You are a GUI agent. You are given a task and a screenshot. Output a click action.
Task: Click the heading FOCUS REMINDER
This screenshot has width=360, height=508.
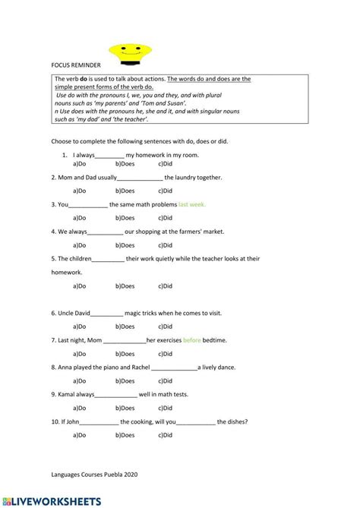[x=76, y=65]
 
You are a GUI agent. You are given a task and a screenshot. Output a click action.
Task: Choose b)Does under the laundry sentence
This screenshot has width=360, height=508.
[x=125, y=191]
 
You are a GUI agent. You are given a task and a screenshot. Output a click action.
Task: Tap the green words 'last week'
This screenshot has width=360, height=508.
[x=192, y=204]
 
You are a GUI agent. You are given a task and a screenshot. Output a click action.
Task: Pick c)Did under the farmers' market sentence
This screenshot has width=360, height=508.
[x=166, y=245]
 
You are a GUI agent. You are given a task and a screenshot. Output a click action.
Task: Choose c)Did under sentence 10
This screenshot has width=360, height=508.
[x=166, y=435]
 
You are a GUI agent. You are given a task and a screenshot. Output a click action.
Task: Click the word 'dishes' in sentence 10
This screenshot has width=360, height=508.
[x=230, y=421]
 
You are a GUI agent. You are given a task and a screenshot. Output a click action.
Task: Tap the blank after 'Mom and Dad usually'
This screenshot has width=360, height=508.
[x=141, y=178]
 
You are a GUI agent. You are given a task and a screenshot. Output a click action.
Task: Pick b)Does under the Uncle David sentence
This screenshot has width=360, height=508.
[x=125, y=327]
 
